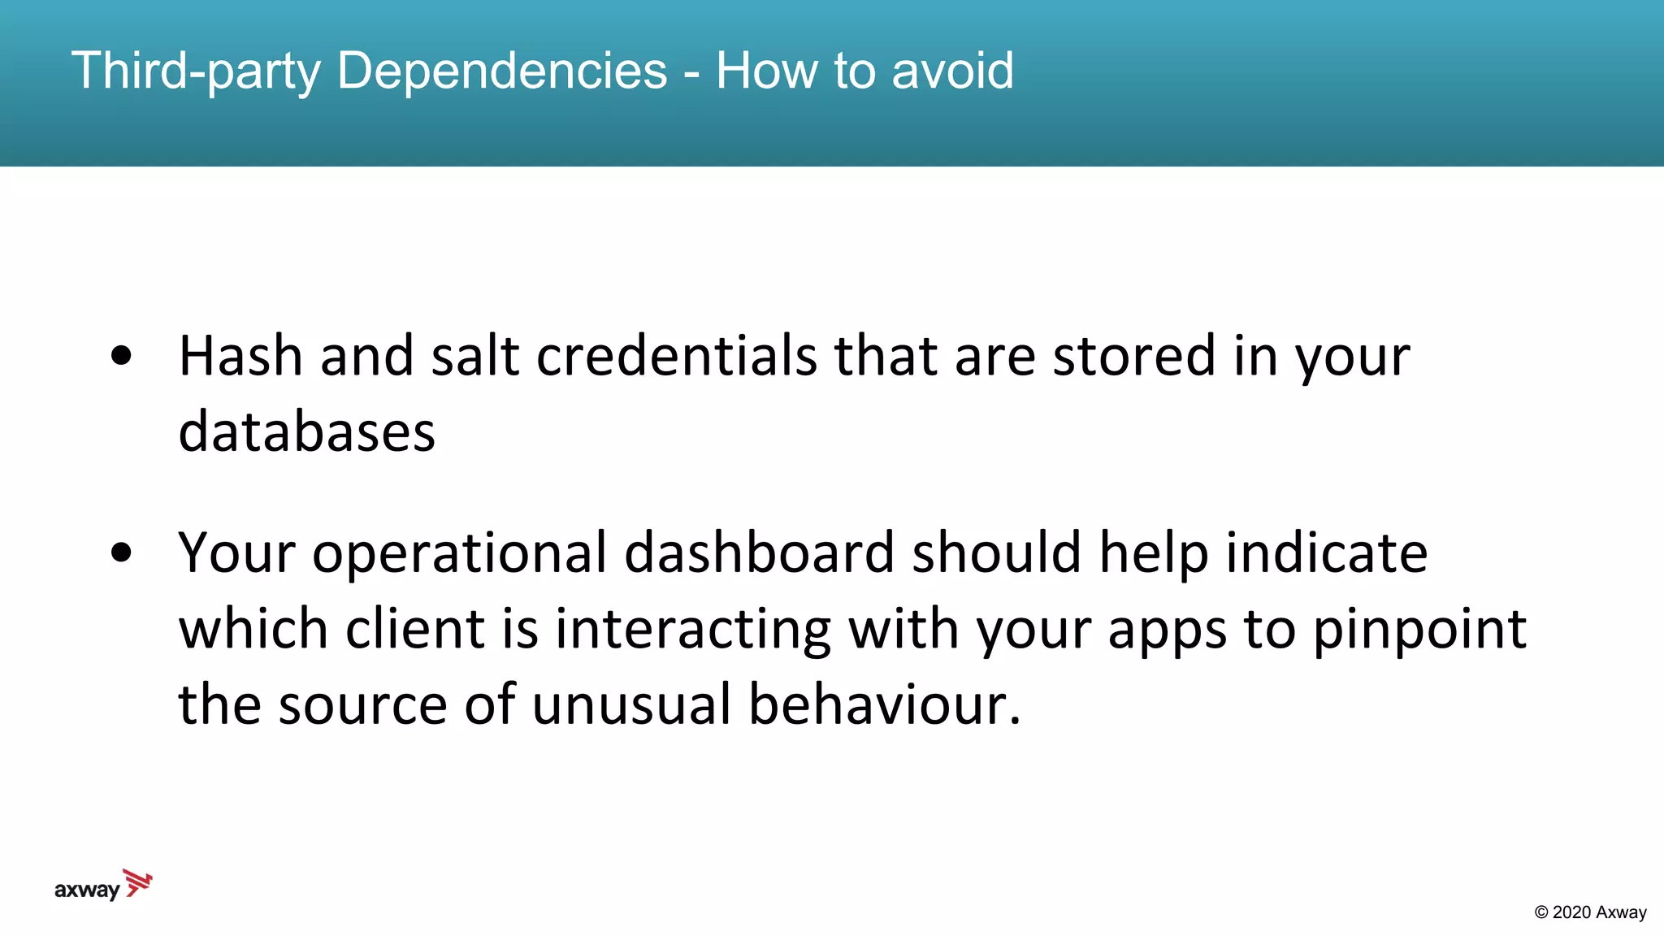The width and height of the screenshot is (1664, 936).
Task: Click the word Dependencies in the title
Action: [x=501, y=71]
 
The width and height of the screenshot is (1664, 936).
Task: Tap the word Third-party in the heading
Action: [x=196, y=71]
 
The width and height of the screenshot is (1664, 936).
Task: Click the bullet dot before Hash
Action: [x=121, y=356]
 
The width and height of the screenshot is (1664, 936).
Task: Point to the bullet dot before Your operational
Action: [x=121, y=552]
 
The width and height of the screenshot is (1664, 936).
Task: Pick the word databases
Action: [x=306, y=431]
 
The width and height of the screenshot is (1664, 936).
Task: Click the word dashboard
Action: [x=759, y=552]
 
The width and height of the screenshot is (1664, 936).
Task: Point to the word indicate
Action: [x=1326, y=552]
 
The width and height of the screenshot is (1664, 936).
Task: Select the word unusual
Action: [x=631, y=704]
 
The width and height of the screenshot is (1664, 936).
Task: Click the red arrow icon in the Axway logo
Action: [x=138, y=882]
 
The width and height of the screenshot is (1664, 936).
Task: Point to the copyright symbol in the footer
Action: [x=1541, y=912]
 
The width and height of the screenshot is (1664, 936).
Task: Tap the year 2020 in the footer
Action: [x=1571, y=912]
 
